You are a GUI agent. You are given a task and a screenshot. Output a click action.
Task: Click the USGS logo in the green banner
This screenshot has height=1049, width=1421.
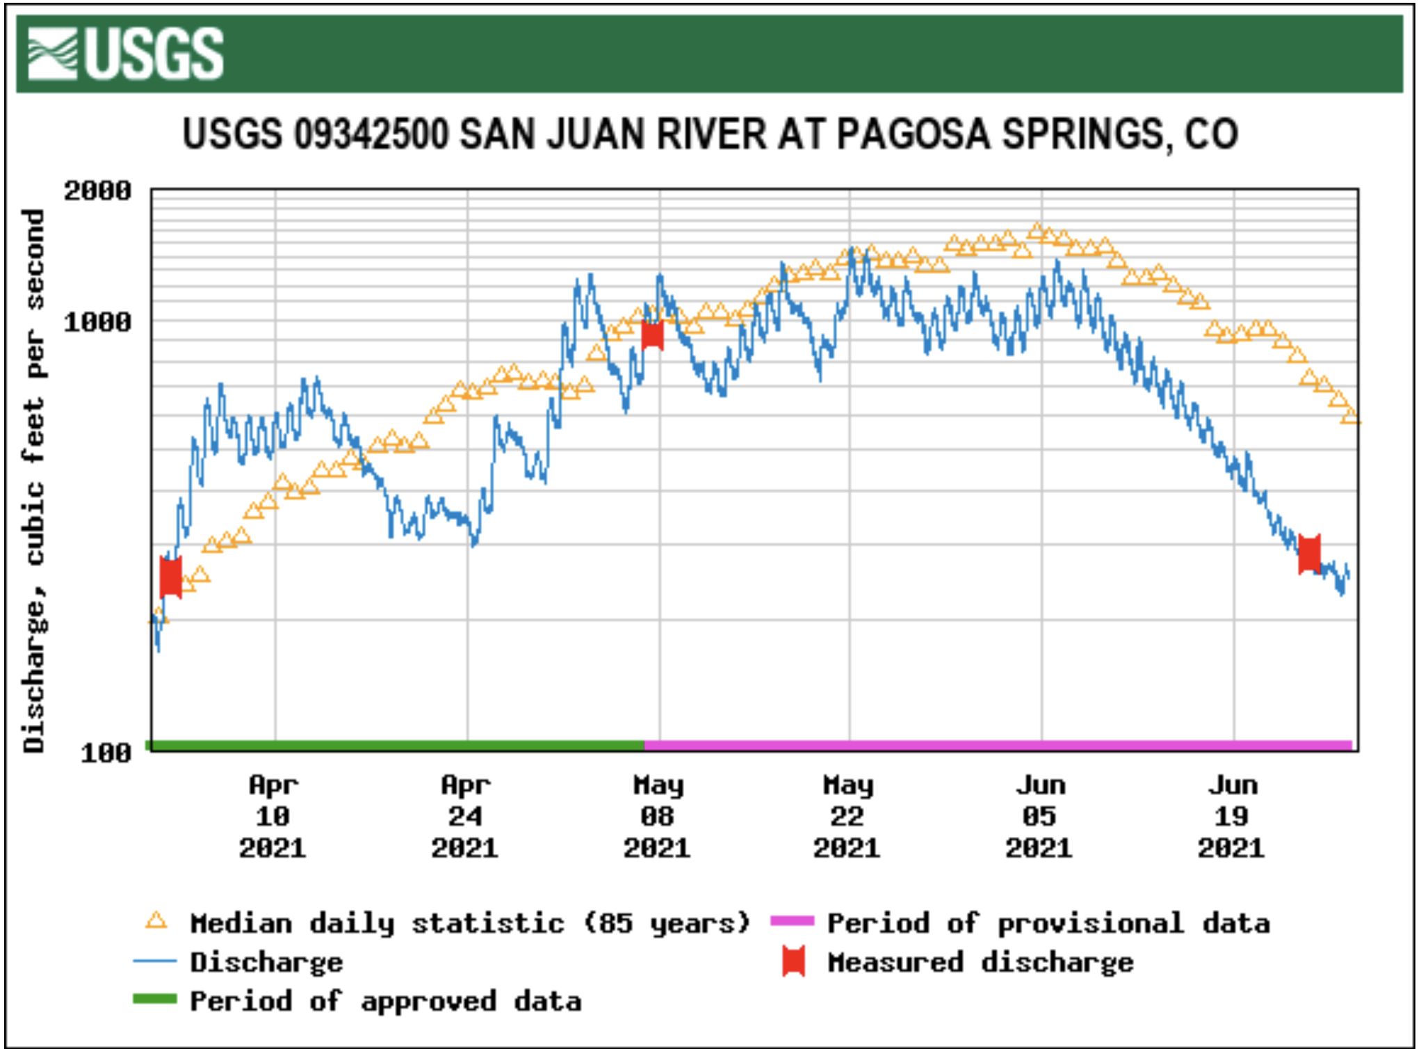coord(126,54)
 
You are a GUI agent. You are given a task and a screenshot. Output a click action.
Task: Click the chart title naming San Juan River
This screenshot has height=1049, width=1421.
coord(710,134)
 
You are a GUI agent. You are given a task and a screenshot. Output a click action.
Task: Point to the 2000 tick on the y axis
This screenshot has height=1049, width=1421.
coord(97,191)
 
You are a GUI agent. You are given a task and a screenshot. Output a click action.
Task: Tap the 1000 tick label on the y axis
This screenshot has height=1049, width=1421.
coord(97,322)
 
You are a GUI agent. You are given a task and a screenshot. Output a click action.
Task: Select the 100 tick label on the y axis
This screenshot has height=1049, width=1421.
coord(106,752)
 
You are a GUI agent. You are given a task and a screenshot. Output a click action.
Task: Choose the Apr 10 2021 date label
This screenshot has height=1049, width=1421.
coord(273,817)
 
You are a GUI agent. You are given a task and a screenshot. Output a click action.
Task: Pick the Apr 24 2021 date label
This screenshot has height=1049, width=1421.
coord(465,817)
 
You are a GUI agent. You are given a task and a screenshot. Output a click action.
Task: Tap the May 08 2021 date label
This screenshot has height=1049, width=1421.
coord(657,817)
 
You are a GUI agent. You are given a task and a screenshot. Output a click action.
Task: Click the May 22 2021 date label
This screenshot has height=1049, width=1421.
coord(847,817)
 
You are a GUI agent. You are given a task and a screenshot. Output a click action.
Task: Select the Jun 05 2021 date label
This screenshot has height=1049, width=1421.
coord(1039,817)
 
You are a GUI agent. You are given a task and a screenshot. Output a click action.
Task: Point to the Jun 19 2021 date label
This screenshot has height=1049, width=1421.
coord(1231,817)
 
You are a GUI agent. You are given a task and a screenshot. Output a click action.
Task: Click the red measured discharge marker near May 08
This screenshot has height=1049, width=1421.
coord(652,335)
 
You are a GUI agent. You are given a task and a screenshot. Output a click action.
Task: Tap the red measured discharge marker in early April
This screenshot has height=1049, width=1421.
coord(170,577)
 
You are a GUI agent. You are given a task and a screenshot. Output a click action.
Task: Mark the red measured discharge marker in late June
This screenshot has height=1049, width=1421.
coord(1309,554)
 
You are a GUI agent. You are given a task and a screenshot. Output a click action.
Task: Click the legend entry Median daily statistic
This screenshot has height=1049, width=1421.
coord(470,923)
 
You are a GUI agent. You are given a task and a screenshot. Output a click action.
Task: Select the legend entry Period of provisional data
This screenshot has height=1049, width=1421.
coord(1048,923)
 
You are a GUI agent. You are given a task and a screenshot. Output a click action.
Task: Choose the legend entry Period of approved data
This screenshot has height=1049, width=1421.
coord(386,1001)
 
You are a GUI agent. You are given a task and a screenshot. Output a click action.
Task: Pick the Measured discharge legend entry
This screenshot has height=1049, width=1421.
coord(980,962)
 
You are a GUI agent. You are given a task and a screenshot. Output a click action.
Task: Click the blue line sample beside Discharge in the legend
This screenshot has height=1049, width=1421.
coord(154,962)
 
